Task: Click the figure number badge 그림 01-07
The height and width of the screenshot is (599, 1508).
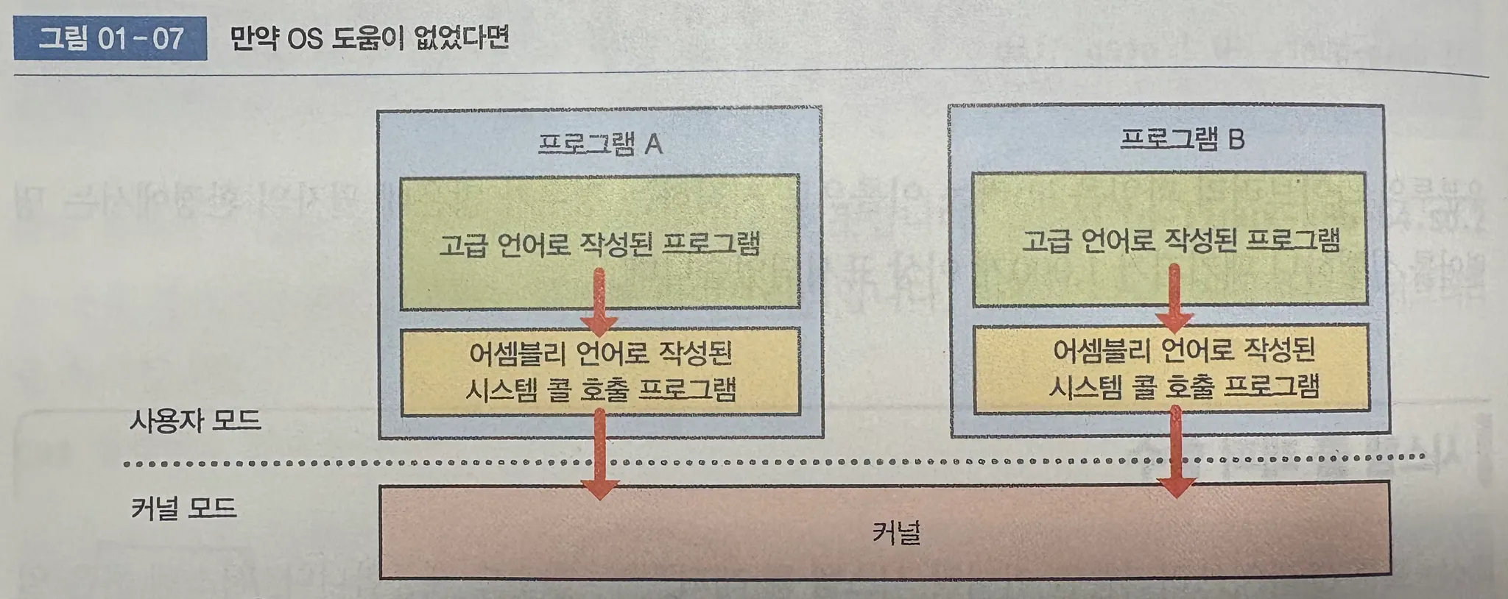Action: (110, 38)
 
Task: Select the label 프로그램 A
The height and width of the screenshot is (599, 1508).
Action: (599, 143)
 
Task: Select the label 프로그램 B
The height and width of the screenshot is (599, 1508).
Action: (1182, 139)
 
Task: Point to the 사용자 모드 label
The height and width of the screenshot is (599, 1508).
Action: (195, 421)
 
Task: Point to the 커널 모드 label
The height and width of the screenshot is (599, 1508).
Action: (183, 508)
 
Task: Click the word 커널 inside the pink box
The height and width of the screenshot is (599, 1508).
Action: (896, 532)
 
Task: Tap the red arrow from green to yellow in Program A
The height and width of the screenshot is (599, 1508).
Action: (599, 302)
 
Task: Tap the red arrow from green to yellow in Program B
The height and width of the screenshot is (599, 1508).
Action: (1174, 298)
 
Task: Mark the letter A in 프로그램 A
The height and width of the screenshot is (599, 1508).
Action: (653, 144)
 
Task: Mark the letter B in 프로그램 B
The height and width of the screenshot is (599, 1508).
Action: (1236, 139)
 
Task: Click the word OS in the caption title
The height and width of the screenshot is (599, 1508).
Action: (305, 38)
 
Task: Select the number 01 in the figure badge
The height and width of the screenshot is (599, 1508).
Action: (113, 38)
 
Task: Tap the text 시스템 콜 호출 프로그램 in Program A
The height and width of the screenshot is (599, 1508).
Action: (600, 389)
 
